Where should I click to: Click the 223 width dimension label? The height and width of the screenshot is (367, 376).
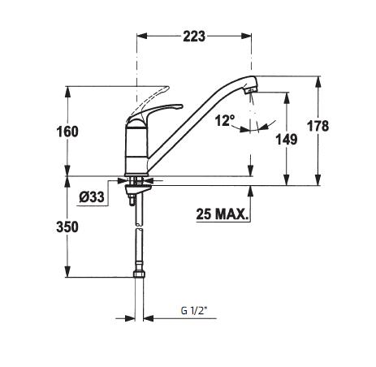click(x=192, y=37)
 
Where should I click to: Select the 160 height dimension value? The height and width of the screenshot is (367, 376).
click(x=69, y=131)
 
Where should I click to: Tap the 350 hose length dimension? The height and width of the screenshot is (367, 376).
click(x=69, y=227)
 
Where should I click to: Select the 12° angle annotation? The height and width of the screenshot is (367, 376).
click(x=224, y=120)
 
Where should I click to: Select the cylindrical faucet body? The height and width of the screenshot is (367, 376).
click(x=136, y=146)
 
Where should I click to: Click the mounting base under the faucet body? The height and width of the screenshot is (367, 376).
click(x=137, y=179)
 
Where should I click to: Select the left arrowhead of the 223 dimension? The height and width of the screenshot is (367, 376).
click(x=140, y=37)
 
